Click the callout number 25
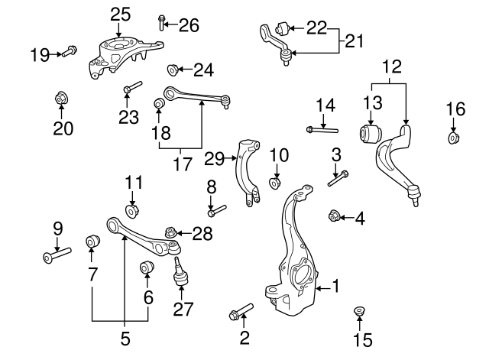click(120, 13)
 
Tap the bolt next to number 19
click(68, 52)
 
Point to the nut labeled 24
click(173, 70)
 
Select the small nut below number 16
click(454, 138)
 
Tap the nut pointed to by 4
click(333, 218)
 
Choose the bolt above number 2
click(240, 312)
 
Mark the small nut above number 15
click(358, 312)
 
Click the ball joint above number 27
click(180, 271)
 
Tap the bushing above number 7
click(92, 243)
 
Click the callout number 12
click(390, 68)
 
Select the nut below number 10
click(276, 183)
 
